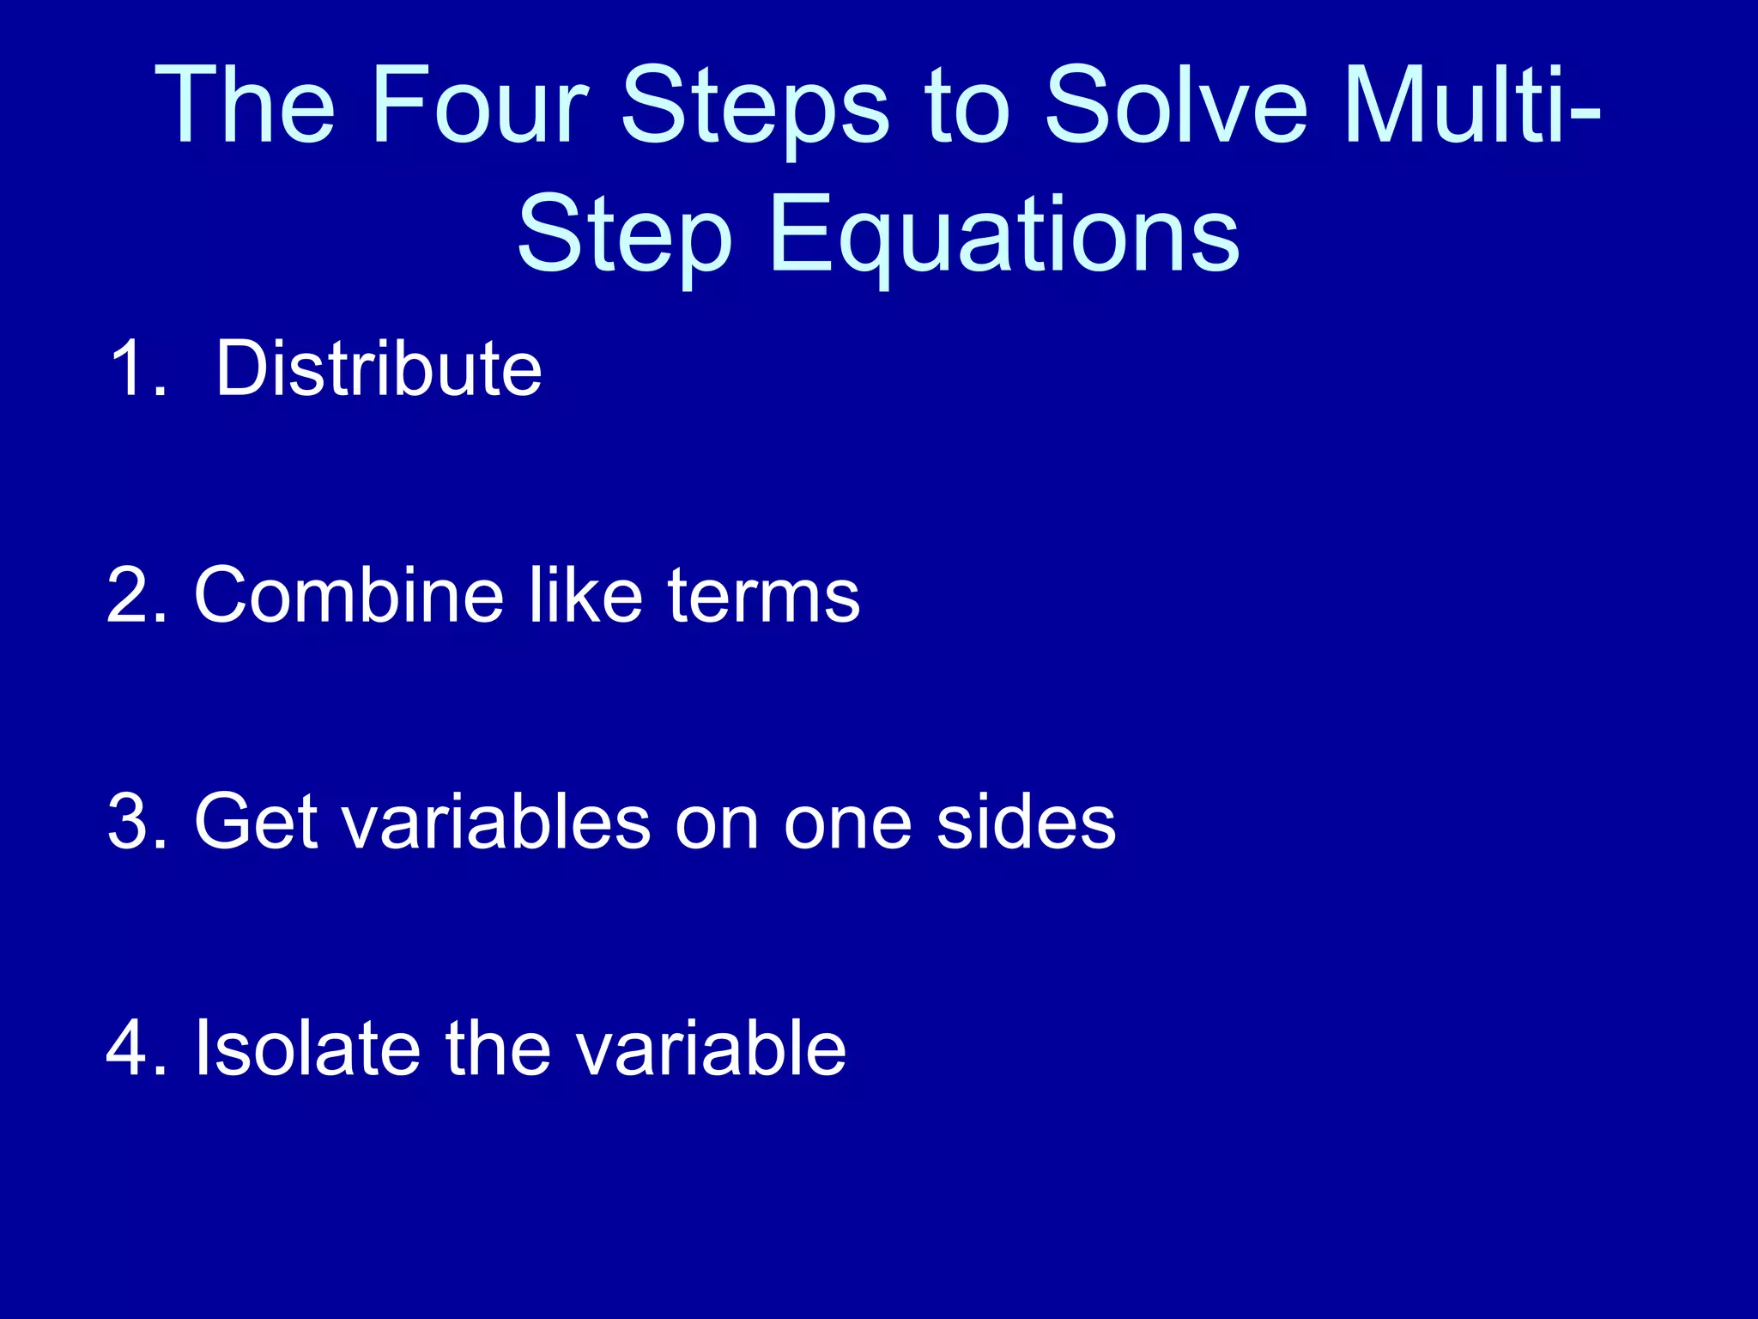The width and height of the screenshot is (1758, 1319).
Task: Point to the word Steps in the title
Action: tap(755, 107)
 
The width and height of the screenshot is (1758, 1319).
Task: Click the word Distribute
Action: tap(379, 368)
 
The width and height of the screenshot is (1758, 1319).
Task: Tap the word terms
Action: tap(763, 597)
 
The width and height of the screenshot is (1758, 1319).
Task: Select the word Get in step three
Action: tap(257, 822)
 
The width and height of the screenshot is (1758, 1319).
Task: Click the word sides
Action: tap(1026, 822)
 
